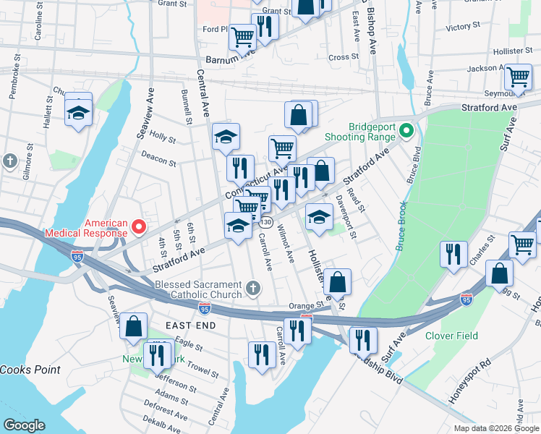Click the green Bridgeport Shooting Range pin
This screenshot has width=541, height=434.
point(406,131)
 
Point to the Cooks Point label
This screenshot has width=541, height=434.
point(30,369)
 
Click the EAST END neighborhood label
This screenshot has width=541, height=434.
point(191,326)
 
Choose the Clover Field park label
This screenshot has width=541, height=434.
point(453,336)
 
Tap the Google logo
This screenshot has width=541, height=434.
point(25,425)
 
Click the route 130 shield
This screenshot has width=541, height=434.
point(266,222)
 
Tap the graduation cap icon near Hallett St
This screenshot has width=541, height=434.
point(78,112)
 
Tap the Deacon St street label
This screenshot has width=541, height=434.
point(158,158)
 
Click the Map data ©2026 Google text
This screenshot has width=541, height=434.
point(495,427)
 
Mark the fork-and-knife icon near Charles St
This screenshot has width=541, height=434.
point(453,254)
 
